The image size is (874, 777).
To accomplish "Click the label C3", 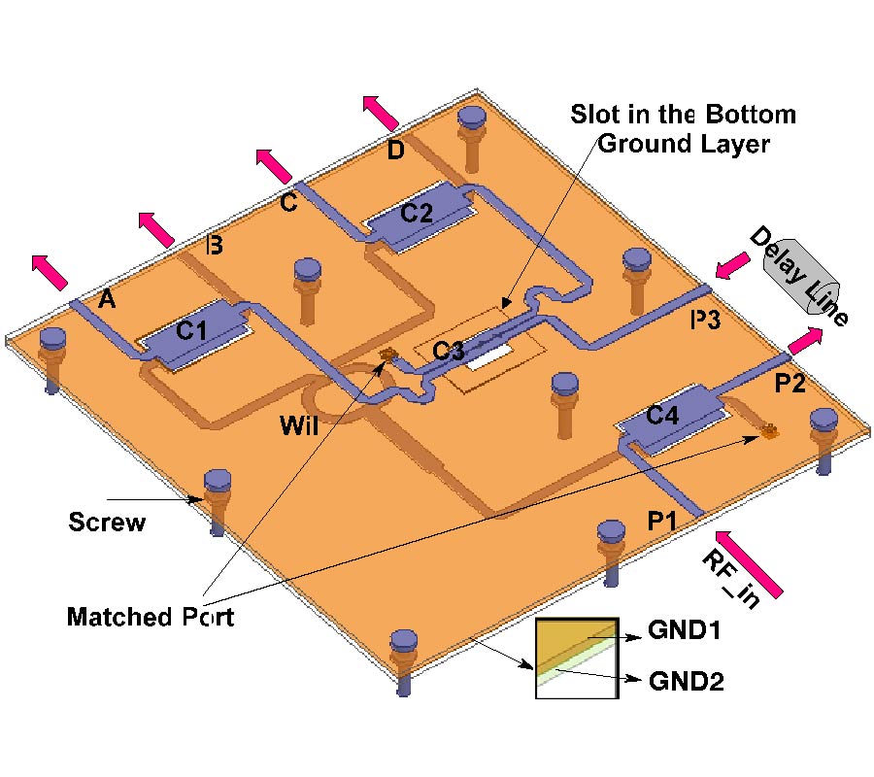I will pyautogui.click(x=448, y=352).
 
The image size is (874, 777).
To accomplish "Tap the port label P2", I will pyautogui.click(x=789, y=385).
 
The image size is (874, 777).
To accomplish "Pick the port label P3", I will pyautogui.click(x=706, y=321).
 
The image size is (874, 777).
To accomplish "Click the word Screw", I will pyautogui.click(x=107, y=523).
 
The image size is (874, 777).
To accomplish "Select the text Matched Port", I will pyautogui.click(x=151, y=617).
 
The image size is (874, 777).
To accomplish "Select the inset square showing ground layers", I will pyautogui.click(x=577, y=658).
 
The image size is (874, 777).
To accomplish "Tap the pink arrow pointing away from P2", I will pyautogui.click(x=805, y=341).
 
